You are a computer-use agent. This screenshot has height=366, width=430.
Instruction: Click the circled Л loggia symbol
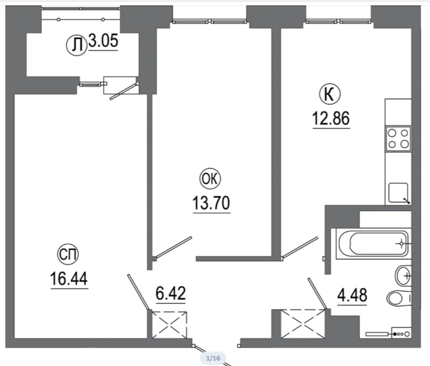tap(77, 45)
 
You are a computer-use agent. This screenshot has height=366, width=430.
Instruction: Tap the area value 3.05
tap(104, 41)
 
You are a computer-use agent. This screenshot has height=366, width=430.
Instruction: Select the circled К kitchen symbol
tap(330, 94)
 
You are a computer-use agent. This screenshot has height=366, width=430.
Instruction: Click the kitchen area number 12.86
tap(331, 119)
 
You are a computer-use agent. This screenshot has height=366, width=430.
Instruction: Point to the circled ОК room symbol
tap(211, 179)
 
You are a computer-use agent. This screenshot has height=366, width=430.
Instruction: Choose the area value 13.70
tap(211, 203)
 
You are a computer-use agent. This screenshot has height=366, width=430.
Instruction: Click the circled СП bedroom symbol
tap(68, 255)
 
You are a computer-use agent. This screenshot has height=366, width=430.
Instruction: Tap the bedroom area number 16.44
tap(69, 278)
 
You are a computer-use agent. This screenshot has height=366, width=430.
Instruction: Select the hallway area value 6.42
tap(170, 293)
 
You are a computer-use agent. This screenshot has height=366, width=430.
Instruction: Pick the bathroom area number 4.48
tap(352, 295)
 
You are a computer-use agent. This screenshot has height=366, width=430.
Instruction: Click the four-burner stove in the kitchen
tap(398, 139)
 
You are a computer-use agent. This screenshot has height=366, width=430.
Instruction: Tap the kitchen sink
tap(399, 193)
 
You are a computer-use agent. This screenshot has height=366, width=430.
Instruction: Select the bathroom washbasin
tap(403, 276)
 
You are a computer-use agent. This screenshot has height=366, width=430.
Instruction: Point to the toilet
tap(399, 298)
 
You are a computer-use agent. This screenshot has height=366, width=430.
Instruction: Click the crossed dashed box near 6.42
tap(169, 325)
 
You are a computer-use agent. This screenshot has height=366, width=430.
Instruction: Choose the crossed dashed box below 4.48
tap(303, 324)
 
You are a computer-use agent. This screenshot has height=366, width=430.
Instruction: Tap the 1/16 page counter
tap(213, 358)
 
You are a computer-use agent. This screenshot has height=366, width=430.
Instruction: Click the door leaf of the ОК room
tap(173, 247)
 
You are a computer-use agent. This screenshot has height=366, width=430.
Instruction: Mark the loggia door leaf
tap(123, 92)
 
